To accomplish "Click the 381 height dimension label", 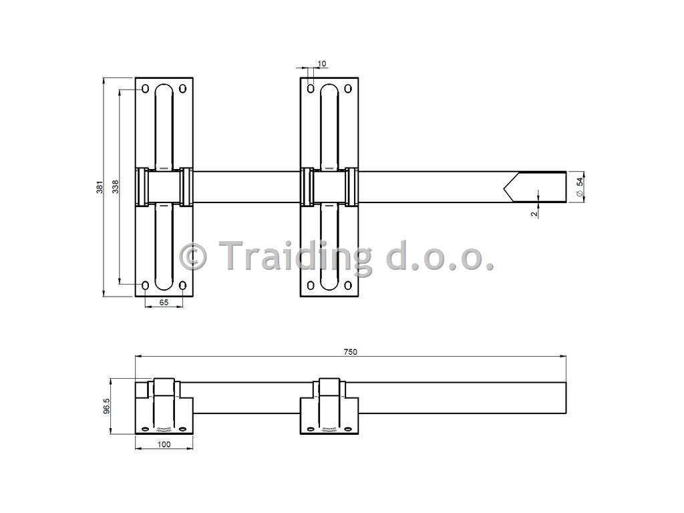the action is (x=100, y=187).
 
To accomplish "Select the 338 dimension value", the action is (x=116, y=187).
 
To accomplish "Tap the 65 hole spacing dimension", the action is (x=164, y=302).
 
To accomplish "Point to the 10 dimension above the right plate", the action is (x=321, y=63).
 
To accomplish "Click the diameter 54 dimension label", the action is (x=580, y=187).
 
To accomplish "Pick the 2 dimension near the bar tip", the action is (x=534, y=214).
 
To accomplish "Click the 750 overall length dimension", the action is (x=350, y=351).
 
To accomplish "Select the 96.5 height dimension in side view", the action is (x=107, y=406).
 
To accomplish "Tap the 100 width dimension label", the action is (x=164, y=444).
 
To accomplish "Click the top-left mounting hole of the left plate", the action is (x=146, y=89).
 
